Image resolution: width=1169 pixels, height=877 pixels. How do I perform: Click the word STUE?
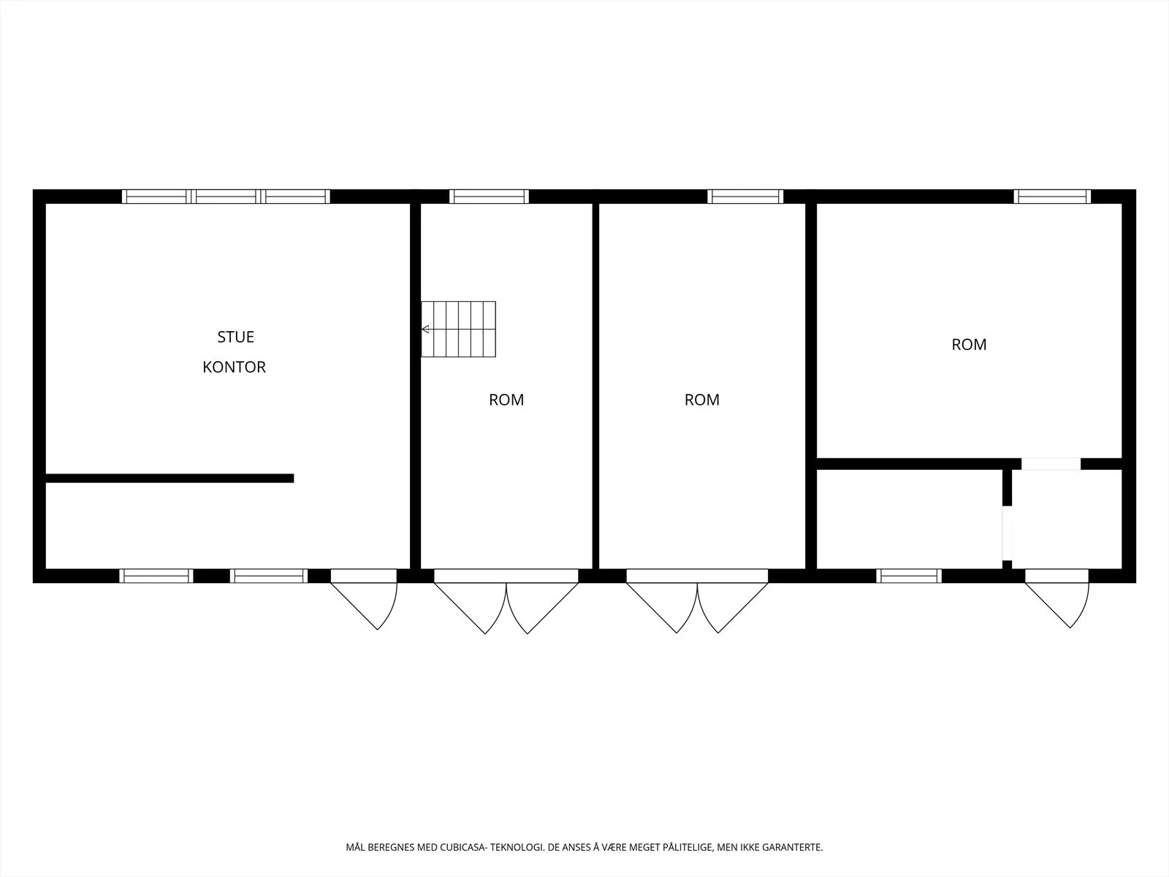(235, 336)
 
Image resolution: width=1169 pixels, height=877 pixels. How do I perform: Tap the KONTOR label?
(234, 367)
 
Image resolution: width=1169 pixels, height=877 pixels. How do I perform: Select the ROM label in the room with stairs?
(506, 399)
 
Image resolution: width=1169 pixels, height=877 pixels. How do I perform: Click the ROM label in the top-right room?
(969, 344)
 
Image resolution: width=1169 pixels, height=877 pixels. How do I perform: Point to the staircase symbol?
(459, 329)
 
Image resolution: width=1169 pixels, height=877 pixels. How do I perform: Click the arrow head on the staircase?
(425, 329)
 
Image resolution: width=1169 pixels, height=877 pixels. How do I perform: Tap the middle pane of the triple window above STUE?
(226, 197)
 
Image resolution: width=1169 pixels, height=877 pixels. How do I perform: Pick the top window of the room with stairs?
(489, 197)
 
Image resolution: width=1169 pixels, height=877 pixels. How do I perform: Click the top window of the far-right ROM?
(1052, 197)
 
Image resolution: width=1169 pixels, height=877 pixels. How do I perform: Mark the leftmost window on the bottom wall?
(156, 576)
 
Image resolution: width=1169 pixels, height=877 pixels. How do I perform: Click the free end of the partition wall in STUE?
(294, 478)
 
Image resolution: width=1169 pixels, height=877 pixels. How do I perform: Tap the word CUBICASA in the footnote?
(462, 847)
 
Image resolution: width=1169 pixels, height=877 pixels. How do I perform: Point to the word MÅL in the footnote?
(355, 847)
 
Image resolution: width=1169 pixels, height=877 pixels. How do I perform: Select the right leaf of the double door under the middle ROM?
(733, 607)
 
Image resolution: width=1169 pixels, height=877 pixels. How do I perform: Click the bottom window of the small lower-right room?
(909, 576)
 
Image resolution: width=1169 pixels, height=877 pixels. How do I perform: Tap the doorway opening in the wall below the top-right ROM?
(1051, 464)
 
